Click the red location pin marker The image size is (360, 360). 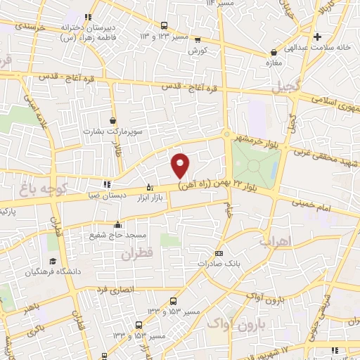[181, 165]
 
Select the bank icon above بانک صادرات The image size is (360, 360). [219, 253]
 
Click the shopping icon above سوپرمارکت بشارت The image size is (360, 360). [112, 120]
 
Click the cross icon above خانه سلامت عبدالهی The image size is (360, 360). [318, 37]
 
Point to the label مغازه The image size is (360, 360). [273, 63]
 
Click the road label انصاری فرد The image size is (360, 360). [112, 288]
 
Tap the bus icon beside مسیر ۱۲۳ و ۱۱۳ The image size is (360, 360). [164, 24]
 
